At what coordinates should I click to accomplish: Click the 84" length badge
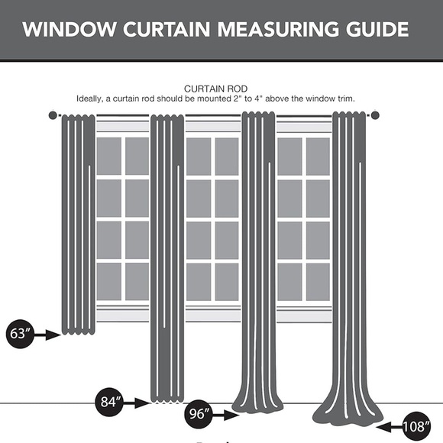[x=110, y=401]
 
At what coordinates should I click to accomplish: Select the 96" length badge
[x=199, y=415]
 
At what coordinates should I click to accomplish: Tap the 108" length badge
[x=419, y=426]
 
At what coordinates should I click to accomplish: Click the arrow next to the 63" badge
[x=49, y=334]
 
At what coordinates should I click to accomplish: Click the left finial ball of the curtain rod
[x=53, y=115]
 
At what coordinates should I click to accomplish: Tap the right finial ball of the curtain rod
[x=375, y=115]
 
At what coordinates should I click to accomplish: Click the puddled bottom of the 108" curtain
[x=349, y=409]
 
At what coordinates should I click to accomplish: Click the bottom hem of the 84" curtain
[x=167, y=396]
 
